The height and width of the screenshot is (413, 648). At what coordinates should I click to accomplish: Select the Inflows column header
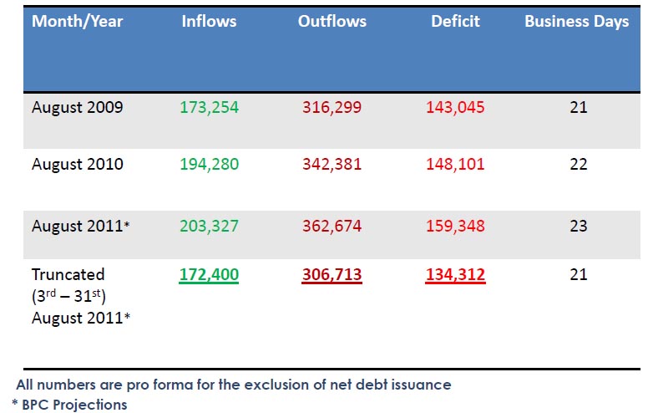209,22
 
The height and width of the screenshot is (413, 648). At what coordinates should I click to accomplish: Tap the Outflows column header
332,22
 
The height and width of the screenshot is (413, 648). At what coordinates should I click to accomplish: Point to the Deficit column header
455,22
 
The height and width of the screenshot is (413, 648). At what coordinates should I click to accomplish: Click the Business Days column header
576,22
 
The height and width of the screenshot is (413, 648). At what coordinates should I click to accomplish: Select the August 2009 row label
78,107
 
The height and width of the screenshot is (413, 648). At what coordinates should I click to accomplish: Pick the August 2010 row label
78,164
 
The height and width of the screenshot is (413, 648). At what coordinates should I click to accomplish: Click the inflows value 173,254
209,107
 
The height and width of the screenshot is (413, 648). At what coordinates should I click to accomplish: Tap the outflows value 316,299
332,107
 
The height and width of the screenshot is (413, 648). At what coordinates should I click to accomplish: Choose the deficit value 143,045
455,107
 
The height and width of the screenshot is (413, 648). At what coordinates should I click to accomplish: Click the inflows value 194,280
209,164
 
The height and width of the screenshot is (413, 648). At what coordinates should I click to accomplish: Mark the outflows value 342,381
332,164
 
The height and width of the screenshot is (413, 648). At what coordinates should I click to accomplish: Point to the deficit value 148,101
455,164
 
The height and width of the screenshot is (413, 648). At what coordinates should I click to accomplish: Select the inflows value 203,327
209,226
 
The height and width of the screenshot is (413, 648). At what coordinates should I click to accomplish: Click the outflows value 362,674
332,226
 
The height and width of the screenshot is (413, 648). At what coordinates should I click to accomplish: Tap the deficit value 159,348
455,226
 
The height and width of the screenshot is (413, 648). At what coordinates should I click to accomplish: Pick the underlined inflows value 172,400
209,274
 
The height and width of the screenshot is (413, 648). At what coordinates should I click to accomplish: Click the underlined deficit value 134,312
455,274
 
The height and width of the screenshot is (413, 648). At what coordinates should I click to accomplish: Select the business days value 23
579,226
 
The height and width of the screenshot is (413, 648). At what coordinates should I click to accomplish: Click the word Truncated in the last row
68,274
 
